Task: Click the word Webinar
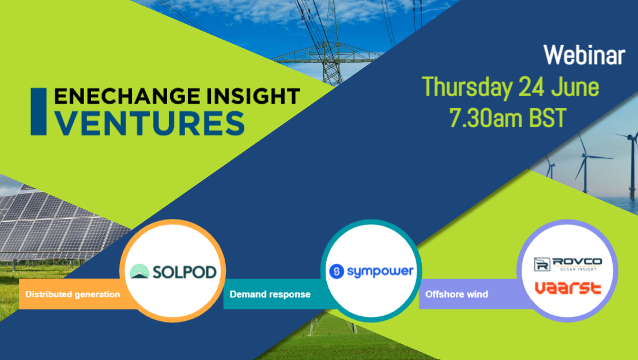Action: (x=584, y=56)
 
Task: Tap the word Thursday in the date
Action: (x=467, y=88)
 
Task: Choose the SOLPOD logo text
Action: (x=185, y=271)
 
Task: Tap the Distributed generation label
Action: (x=73, y=294)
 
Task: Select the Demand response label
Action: (x=270, y=294)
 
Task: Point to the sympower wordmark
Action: (x=379, y=271)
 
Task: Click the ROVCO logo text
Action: (x=577, y=262)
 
